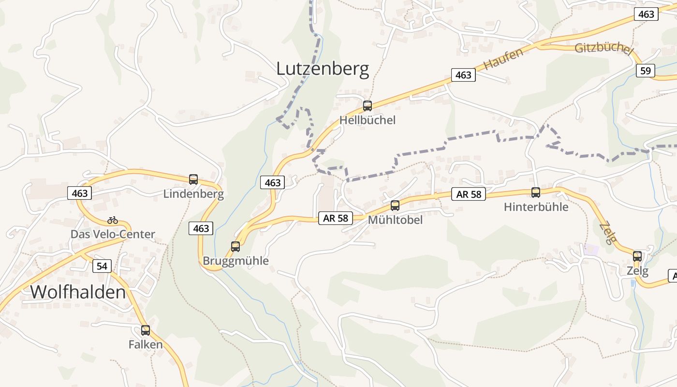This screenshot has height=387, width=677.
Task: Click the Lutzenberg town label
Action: coord(323,69)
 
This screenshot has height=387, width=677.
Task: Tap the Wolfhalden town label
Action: coord(78,292)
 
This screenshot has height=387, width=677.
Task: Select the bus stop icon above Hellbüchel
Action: coord(368,105)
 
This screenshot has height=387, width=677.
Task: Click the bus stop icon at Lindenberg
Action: coord(193,179)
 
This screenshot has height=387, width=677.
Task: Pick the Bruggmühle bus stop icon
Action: coord(235,246)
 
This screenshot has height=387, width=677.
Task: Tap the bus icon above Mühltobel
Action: coord(395,206)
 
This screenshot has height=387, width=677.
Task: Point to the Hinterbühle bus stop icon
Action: coord(536,192)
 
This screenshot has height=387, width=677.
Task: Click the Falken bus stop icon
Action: coord(146,330)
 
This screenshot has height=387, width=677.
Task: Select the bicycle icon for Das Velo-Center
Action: coord(113,220)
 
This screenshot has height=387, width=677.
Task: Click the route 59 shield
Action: coord(646,71)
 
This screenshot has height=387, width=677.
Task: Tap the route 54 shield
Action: coord(102,266)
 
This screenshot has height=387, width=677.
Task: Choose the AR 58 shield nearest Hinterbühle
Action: coord(469,194)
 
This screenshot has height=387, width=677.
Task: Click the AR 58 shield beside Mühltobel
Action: coord(336,218)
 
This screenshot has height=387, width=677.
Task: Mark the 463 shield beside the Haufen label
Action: coord(463,75)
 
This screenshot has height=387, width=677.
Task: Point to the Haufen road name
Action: coord(503,59)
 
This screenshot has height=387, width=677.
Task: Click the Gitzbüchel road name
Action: coord(603,49)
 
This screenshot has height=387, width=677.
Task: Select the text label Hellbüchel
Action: coord(368,120)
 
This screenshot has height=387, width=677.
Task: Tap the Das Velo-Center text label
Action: coord(113,234)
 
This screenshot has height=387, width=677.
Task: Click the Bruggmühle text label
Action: coord(235,261)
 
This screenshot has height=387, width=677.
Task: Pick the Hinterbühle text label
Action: coord(536,207)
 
